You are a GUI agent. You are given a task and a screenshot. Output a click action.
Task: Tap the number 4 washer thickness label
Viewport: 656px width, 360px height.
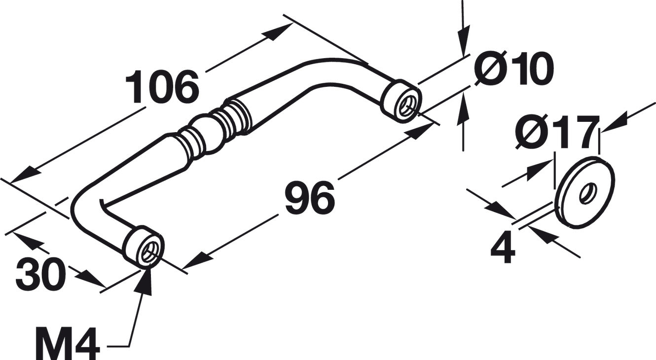(503, 248)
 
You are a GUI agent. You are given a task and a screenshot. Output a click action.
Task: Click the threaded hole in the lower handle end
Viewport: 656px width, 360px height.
(149, 250)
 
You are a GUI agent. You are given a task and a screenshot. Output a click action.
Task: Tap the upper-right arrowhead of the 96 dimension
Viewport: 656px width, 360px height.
(419, 132)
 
